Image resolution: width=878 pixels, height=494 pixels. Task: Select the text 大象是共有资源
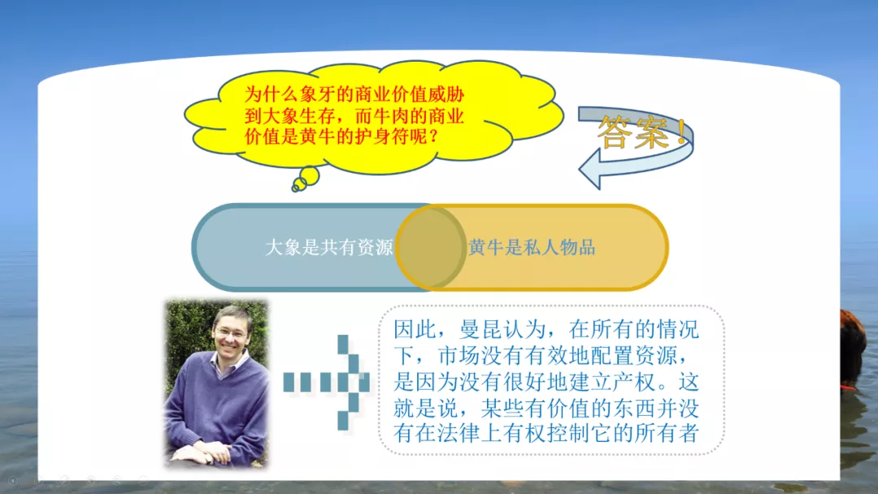328,247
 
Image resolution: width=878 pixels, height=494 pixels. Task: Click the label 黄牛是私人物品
532,247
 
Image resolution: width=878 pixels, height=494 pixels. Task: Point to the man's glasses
231,334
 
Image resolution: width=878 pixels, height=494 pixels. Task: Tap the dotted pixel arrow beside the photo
327,382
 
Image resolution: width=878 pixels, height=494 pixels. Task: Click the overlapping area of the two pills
431,247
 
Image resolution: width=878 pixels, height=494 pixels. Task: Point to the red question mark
434,136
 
